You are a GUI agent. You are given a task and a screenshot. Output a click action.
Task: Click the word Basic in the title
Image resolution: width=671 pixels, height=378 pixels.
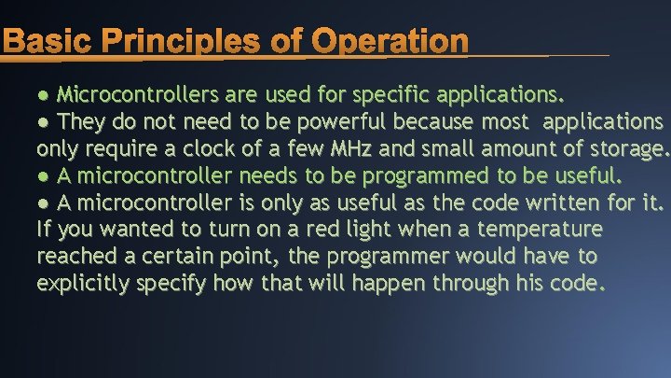pyautogui.click(x=48, y=41)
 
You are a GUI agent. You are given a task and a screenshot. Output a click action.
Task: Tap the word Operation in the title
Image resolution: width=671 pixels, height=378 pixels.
pyautogui.click(x=390, y=41)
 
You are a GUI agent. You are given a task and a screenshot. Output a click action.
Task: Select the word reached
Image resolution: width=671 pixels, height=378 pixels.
pyautogui.click(x=75, y=256)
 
